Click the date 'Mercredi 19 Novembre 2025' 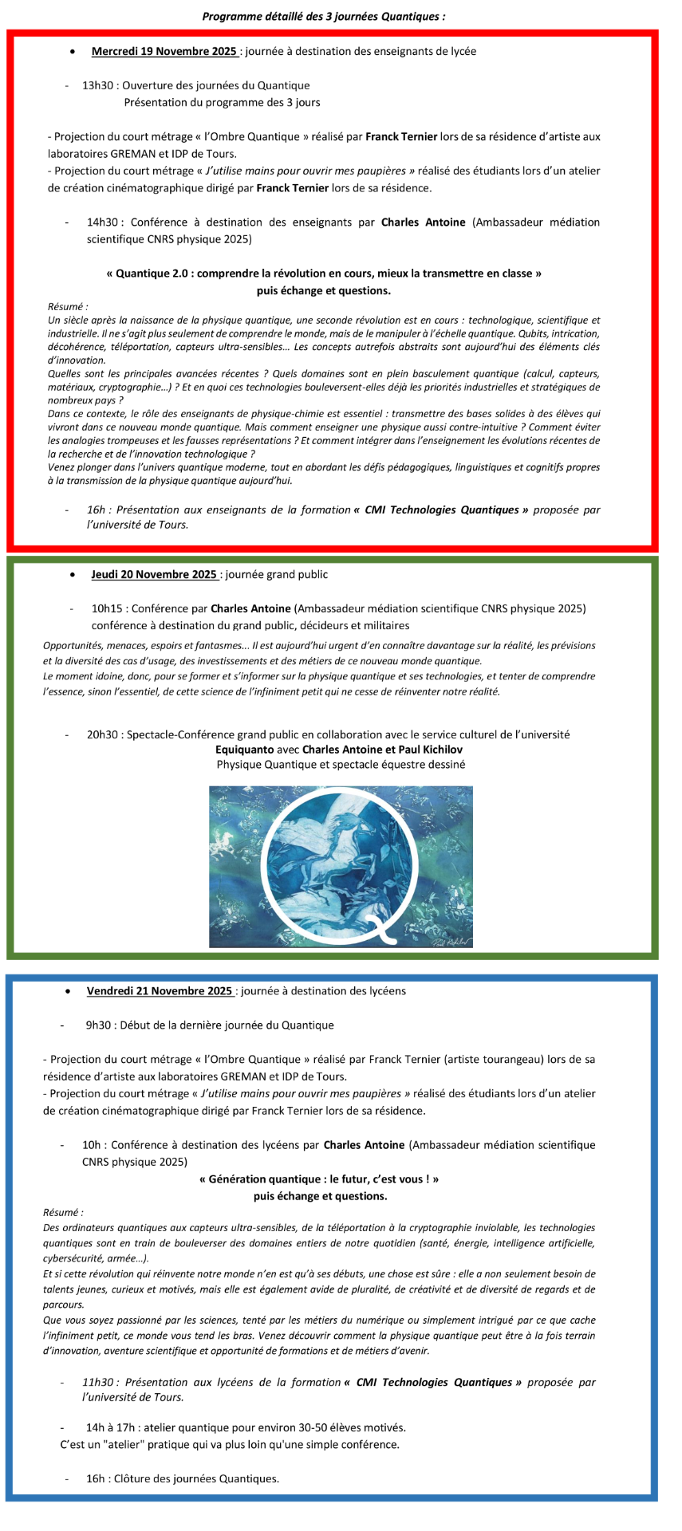(164, 52)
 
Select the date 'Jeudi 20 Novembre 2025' (154, 574)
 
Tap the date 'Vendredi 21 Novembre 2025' (160, 991)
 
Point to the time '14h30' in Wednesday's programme (103, 222)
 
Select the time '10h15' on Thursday (107, 608)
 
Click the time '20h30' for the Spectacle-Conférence (103, 734)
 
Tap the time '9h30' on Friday (98, 1025)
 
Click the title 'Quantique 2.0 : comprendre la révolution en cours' (324, 274)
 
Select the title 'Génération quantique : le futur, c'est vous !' (319, 1179)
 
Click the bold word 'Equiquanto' (244, 750)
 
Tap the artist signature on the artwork (451, 941)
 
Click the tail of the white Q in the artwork (387, 933)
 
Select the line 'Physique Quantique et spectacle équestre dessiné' (341, 765)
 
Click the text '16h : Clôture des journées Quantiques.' (183, 1478)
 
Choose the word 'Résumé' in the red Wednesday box (66, 307)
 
